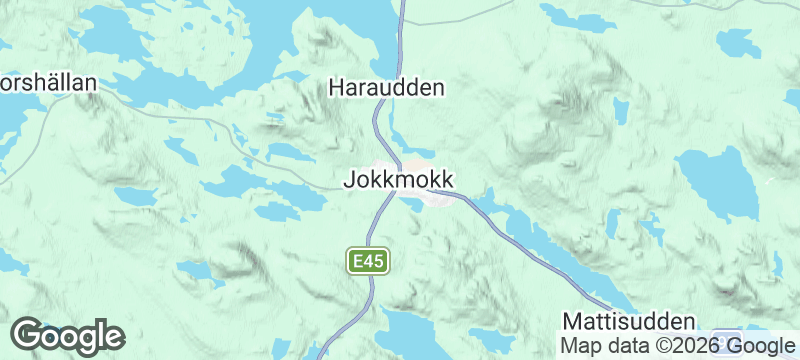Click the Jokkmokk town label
399,181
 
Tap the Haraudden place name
386,89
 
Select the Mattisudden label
628,322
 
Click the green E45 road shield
368,262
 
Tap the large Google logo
68,336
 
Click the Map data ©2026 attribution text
640,346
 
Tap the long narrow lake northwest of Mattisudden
560,250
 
